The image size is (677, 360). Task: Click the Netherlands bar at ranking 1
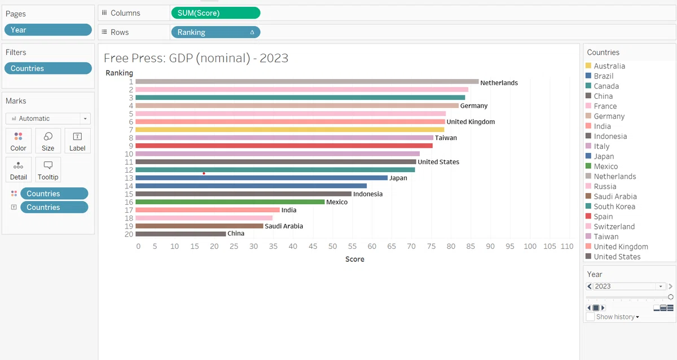307,82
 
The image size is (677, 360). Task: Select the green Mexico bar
230,202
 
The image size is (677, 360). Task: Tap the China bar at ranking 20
181,234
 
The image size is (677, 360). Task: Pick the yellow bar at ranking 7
290,130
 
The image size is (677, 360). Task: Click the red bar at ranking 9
284,146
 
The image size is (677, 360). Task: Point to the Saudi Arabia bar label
284,226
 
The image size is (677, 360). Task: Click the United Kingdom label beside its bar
471,122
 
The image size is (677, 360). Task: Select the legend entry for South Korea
610,207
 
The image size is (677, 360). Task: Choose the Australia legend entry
605,66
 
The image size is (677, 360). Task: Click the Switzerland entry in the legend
610,226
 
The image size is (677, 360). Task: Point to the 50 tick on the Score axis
332,247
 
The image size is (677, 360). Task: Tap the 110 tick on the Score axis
567,247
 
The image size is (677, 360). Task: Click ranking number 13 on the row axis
129,178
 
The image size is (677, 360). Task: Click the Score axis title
355,260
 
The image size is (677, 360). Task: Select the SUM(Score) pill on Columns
216,13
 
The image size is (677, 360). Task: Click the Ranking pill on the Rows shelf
216,32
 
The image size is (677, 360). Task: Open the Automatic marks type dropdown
48,118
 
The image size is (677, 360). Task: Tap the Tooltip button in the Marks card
48,170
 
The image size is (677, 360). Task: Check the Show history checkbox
590,317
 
